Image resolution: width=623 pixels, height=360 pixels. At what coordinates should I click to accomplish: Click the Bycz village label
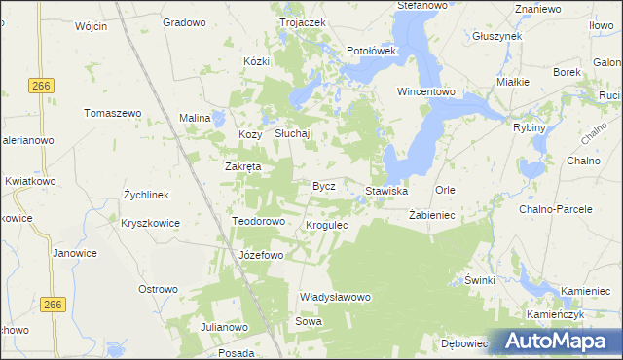click(x=323, y=185)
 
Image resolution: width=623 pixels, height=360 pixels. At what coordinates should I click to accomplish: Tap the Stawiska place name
click(x=386, y=191)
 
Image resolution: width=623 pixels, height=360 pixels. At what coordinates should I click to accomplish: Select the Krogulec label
click(x=327, y=225)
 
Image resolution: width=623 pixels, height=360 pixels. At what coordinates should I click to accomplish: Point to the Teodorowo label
click(x=258, y=221)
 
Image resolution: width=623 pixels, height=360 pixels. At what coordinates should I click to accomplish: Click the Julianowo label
click(x=226, y=326)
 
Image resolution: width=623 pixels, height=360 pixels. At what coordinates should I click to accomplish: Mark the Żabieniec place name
click(x=426, y=214)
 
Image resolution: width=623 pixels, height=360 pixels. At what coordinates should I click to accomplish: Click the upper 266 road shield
click(x=40, y=86)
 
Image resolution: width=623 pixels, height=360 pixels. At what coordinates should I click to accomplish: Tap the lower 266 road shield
click(x=54, y=306)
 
